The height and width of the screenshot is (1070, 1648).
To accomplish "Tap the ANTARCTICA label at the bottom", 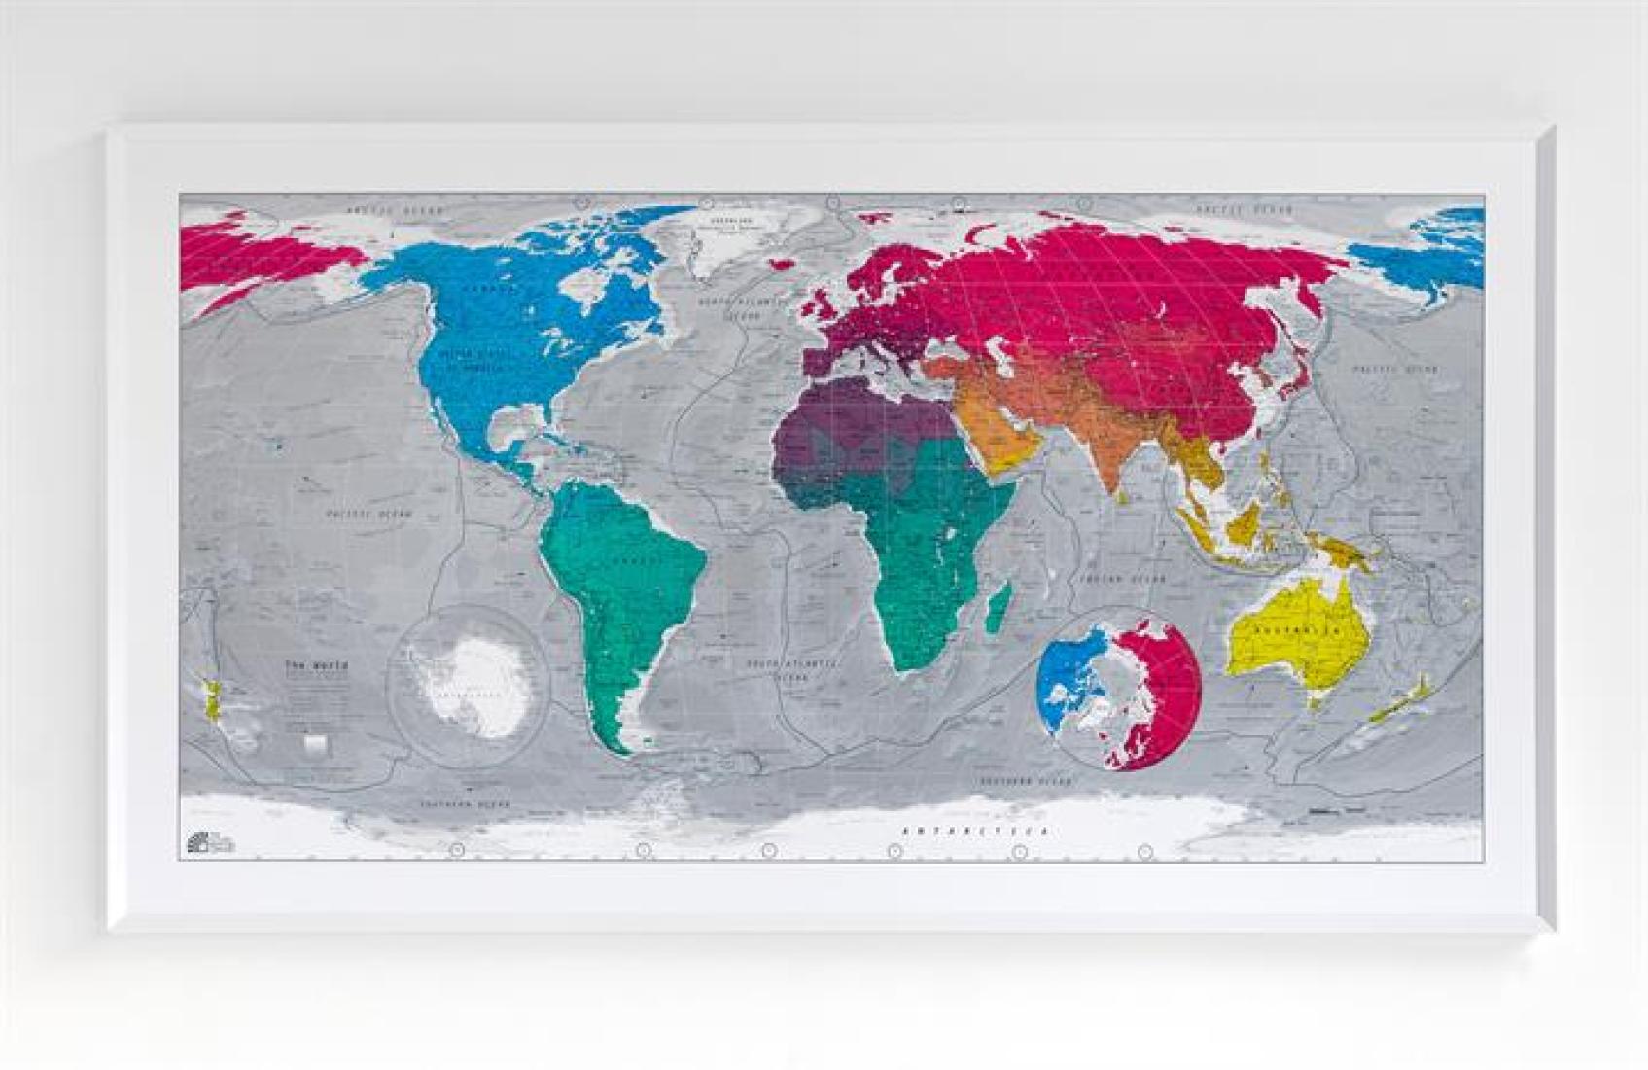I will coord(976,832).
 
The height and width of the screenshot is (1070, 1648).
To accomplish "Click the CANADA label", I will coord(488,289).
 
